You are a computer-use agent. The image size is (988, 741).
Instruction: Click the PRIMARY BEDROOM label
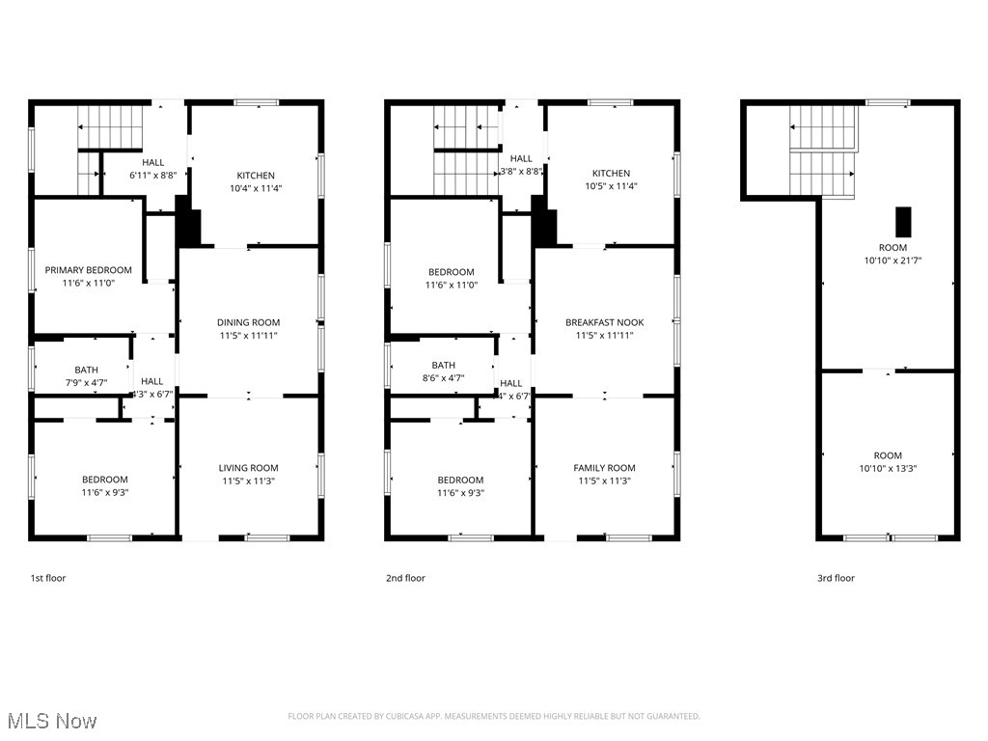point(88,270)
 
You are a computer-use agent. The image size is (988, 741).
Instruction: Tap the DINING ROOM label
point(248,322)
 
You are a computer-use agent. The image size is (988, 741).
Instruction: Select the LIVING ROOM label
point(248,468)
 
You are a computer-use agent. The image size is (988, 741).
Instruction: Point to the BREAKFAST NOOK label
point(604,322)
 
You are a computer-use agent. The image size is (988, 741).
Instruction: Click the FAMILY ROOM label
point(604,468)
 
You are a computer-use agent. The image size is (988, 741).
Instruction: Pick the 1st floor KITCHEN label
point(256,175)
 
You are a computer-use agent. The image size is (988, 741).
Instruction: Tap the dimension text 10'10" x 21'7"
point(888,260)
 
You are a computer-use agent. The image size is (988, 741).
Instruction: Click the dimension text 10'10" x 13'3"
point(888,468)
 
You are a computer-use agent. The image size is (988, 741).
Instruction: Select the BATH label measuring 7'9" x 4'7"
point(86,370)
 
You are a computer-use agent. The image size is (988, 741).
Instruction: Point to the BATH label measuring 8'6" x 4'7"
point(443,365)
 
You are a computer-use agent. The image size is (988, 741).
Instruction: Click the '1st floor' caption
point(47,578)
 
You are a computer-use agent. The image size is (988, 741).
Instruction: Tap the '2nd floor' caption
point(405,578)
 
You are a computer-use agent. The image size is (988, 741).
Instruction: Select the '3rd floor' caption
point(836,578)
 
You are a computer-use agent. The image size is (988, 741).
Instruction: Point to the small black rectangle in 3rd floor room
point(903,222)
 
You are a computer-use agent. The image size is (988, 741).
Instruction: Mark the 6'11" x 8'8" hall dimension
point(153,176)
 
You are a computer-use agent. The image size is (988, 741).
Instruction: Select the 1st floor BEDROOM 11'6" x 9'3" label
point(104,480)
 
